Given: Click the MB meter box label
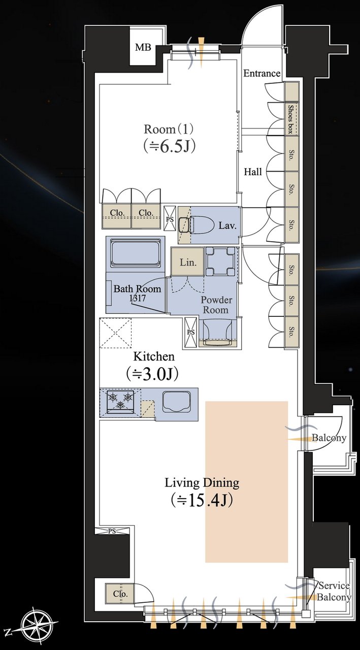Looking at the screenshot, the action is coord(143,47).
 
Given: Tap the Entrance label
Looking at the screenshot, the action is coord(261,74).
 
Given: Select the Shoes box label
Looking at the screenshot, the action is coord(290,119).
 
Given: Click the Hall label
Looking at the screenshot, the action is coord(253,172).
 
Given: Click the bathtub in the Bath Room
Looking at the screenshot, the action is coord(136,253).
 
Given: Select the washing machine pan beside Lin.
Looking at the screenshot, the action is coord(220,261).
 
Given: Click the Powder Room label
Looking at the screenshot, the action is coord(216,305).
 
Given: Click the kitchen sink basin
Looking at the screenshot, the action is coord(176,401).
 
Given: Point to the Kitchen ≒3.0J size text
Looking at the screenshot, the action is coord(152,375).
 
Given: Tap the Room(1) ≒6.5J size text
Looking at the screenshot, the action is coord(169,147).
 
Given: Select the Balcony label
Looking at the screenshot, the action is coord(329,438).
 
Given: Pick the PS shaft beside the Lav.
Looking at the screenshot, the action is coord(170,219).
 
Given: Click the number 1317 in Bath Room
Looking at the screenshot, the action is coord(138,298).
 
